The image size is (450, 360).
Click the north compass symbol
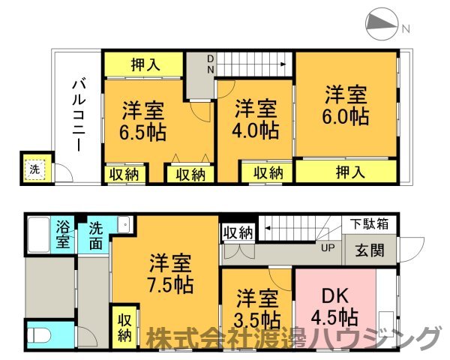click(x=381, y=23)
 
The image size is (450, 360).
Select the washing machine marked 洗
click(x=35, y=169)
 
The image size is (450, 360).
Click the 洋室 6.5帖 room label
click(x=143, y=121)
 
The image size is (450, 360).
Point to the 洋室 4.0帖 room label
click(x=256, y=119)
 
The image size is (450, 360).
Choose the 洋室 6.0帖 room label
click(x=346, y=106)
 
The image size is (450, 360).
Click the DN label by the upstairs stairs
click(x=211, y=64)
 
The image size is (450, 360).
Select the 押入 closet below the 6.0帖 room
click(x=346, y=172)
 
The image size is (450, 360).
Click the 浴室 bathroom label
click(x=63, y=234)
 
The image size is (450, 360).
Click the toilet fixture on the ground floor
click(x=40, y=334)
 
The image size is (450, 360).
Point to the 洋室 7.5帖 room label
click(x=170, y=274)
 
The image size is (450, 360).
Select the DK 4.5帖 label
click(x=335, y=306)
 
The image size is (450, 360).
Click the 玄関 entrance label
click(x=370, y=250)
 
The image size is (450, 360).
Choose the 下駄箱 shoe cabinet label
click(x=370, y=223)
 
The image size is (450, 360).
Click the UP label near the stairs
click(x=328, y=247)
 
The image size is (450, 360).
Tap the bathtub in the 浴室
click(x=39, y=235)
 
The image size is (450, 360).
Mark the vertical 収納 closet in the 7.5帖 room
click(x=124, y=328)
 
